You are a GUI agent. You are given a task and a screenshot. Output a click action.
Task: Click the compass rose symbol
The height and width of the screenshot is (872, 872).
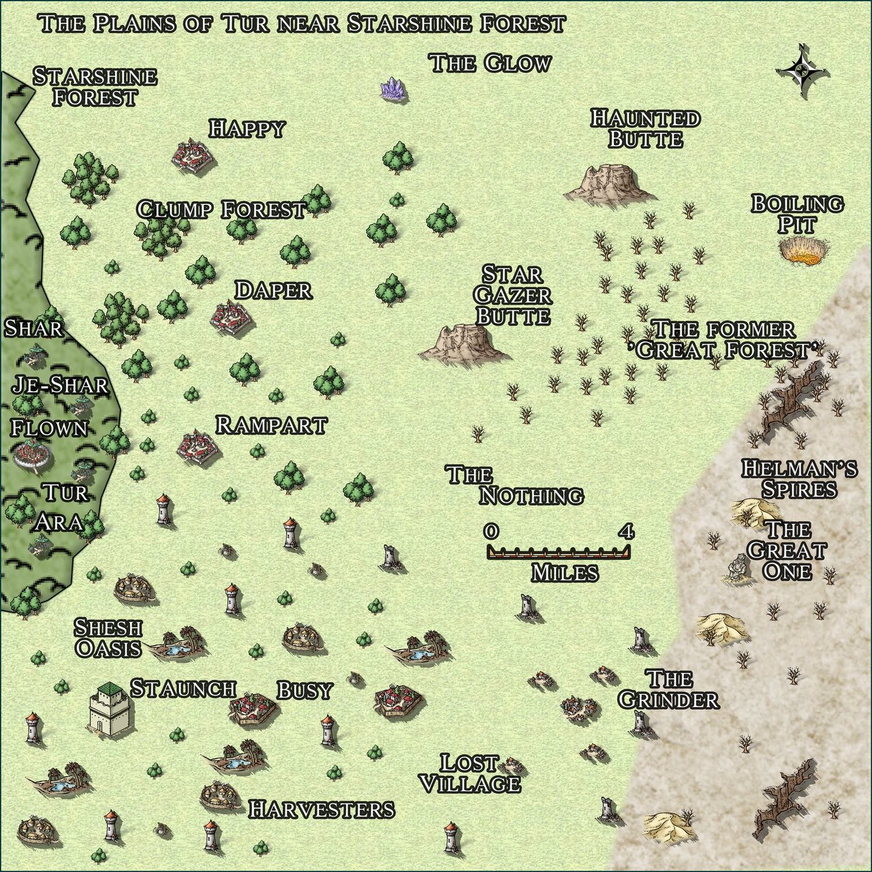[804, 69]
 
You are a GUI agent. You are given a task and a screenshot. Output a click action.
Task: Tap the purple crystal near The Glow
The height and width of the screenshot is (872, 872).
[393, 89]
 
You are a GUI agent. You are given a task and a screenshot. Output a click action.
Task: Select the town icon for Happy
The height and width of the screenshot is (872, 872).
[193, 155]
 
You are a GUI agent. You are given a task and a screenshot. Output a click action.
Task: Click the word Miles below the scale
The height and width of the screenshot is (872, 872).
[565, 573]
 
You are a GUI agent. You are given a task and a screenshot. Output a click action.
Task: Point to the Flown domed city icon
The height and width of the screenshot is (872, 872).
[31, 453]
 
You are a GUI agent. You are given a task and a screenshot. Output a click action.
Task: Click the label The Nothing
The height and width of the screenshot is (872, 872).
[514, 485]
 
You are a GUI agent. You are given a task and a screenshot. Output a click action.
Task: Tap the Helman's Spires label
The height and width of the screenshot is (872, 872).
[799, 478]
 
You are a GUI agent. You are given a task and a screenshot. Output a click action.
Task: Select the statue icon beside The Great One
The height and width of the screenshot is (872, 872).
[735, 568]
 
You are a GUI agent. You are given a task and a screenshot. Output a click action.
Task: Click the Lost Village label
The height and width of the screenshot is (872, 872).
[470, 773]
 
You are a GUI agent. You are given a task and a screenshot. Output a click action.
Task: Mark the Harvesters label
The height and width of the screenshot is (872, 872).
[321, 809]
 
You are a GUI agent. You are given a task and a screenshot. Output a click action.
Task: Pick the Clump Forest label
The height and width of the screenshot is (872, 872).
[221, 210]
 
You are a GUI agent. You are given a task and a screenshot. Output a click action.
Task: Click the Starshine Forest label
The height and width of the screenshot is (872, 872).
[95, 87]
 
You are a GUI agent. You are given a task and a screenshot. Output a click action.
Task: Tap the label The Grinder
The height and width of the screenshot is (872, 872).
[668, 689]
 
